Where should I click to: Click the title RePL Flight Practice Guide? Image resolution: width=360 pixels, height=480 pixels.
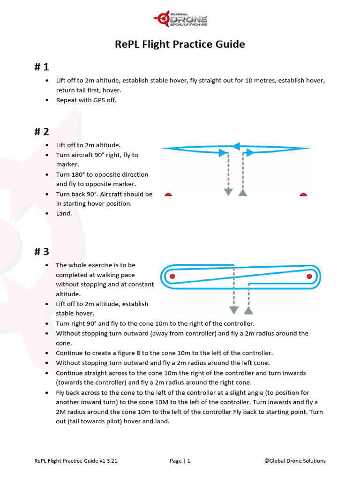point(180,45)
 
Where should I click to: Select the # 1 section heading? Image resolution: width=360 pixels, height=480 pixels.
point(41,67)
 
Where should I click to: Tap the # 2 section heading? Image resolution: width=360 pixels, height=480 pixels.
point(41,132)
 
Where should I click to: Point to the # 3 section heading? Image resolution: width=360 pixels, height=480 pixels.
point(41,252)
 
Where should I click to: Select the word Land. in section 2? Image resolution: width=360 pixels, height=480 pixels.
point(64,213)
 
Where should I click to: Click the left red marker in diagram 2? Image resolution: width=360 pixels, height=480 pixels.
point(168,194)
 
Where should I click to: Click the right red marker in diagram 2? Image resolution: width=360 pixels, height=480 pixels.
point(303,194)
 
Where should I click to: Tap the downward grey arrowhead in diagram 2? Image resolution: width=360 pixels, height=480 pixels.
point(228,191)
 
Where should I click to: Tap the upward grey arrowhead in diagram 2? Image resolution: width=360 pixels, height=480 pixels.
point(242,192)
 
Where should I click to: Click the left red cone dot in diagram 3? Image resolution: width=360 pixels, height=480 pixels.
point(172,277)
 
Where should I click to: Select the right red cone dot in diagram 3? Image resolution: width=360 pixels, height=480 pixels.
point(309,277)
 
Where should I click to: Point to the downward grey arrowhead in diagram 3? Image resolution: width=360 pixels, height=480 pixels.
point(233,310)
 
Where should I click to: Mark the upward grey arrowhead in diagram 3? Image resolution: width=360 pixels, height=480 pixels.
point(248,310)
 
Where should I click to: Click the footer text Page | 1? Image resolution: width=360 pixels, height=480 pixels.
point(180,461)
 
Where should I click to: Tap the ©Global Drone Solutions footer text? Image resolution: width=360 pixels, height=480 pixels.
point(294,461)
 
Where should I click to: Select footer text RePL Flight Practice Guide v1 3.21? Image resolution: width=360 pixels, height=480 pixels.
point(75,461)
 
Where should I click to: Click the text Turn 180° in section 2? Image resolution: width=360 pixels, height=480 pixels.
point(69,174)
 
